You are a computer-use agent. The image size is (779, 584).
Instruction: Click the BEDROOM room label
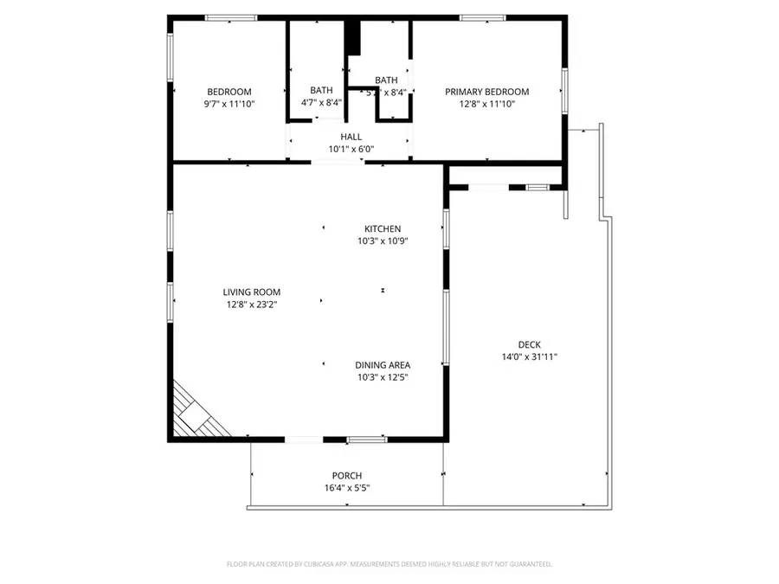[x=229, y=92]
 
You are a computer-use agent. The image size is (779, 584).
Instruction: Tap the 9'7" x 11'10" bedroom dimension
[x=229, y=104]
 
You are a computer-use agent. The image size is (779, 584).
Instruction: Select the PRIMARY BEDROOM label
[x=486, y=92]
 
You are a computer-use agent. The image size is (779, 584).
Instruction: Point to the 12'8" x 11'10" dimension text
[x=486, y=104]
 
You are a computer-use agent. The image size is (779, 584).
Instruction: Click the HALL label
[x=351, y=137]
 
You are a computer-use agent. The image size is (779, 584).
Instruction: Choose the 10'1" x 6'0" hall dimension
[x=351, y=149]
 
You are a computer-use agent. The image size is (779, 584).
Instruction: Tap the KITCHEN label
[x=382, y=228]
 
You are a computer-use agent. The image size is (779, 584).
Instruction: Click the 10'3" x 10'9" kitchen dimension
[x=382, y=241]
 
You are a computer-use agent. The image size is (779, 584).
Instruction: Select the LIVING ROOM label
[x=251, y=292]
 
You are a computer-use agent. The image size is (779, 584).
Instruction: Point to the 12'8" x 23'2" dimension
[x=251, y=305]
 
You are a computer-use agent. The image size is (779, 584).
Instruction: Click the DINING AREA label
[x=382, y=365]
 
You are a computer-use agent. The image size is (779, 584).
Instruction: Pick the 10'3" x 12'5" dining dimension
[x=382, y=377]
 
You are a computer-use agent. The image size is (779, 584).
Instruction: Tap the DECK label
[x=529, y=344]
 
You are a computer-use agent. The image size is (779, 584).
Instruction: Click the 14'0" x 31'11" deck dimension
[x=529, y=356]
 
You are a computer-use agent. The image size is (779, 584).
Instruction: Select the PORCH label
[x=346, y=476]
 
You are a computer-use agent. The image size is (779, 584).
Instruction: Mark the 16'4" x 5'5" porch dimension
[x=346, y=488]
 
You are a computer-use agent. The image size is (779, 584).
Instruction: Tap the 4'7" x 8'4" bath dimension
[x=321, y=103]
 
